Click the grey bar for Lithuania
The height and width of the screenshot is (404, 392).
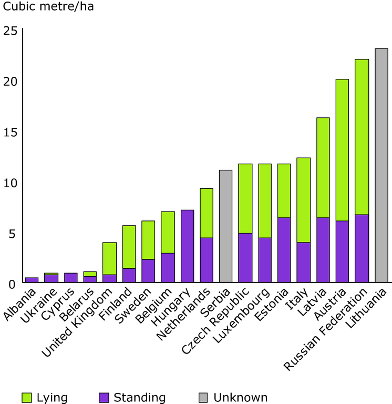[381, 166]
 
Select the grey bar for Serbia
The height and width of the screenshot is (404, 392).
[225, 227]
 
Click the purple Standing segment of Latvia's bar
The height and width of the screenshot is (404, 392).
[323, 250]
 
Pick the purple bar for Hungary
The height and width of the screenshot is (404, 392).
[187, 247]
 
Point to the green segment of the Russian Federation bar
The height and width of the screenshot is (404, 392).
[362, 137]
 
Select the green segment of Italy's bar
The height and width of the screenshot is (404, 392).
[304, 200]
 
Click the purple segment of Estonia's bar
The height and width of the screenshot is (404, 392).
[284, 250]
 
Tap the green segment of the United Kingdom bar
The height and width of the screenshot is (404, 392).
[109, 258]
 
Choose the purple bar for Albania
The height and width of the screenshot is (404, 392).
[32, 280]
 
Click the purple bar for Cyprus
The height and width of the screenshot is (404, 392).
[70, 278]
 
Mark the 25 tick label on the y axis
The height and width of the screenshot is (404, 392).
[10, 31]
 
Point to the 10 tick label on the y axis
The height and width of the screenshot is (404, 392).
[10, 183]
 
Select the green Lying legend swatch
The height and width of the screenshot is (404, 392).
[28, 398]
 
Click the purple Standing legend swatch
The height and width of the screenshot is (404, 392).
[105, 398]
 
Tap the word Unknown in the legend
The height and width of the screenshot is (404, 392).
[240, 398]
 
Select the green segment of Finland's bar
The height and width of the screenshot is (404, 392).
[129, 247]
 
